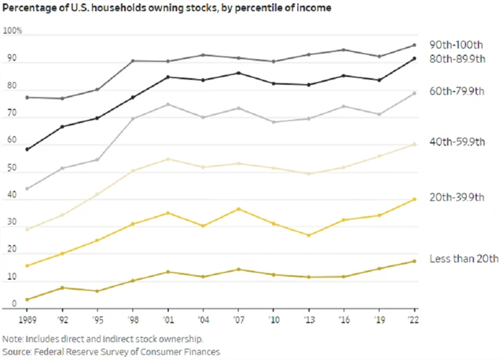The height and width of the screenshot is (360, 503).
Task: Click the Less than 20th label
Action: pos(464,259)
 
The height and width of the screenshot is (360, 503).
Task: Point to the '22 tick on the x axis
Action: pos(414,319)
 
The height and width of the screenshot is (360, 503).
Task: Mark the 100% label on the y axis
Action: pos(13,31)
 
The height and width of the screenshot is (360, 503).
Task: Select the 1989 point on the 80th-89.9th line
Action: pos(28,149)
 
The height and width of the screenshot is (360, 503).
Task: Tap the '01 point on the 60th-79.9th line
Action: pos(167,105)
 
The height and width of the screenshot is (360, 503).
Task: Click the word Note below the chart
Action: pos(13,338)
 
